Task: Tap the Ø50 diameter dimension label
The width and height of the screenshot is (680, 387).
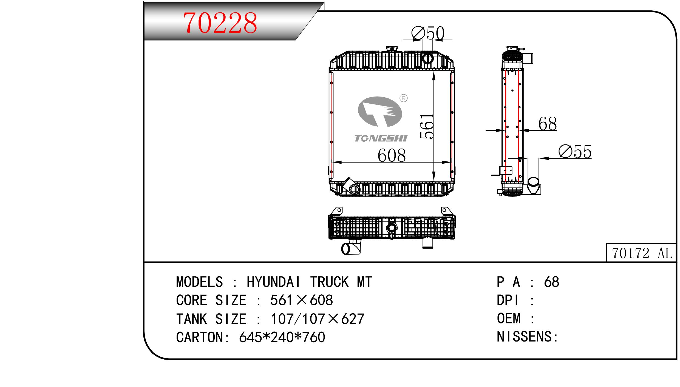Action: tap(428, 33)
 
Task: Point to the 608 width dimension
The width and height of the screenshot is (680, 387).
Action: tap(392, 155)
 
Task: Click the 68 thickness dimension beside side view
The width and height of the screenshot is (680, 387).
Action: tap(548, 124)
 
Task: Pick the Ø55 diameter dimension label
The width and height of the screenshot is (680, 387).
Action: tap(575, 152)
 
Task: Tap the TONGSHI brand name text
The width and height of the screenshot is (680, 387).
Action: tap(381, 138)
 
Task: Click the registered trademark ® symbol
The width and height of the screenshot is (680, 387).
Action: tap(404, 98)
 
